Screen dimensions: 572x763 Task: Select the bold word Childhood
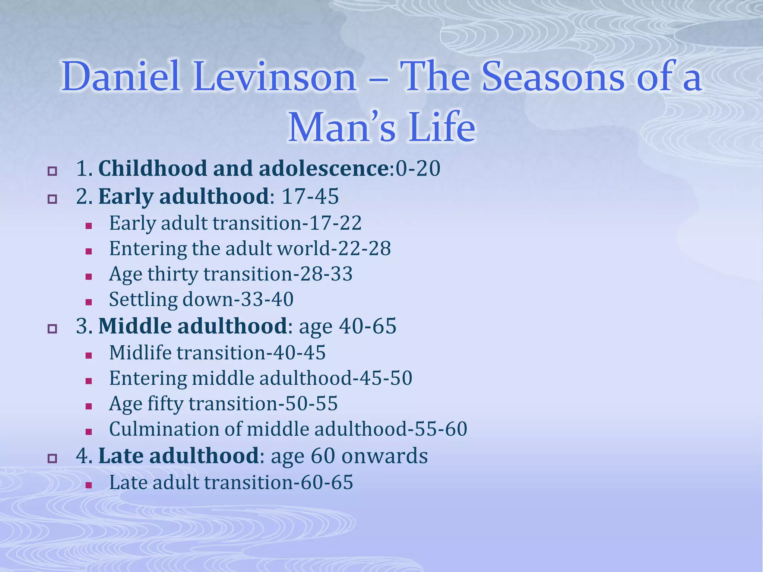[x=152, y=168]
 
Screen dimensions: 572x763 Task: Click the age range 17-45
[x=310, y=196]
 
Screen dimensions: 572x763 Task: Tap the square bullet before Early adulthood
[x=52, y=199]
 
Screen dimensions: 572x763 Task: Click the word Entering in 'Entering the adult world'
[x=148, y=248]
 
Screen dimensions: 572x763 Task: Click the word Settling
[x=143, y=299]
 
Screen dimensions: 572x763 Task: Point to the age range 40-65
[x=367, y=326]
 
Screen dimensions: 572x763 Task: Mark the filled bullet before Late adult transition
[x=89, y=485]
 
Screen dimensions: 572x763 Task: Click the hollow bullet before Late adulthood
[x=52, y=458]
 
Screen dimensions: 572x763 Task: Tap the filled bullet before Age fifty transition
[x=89, y=406]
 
